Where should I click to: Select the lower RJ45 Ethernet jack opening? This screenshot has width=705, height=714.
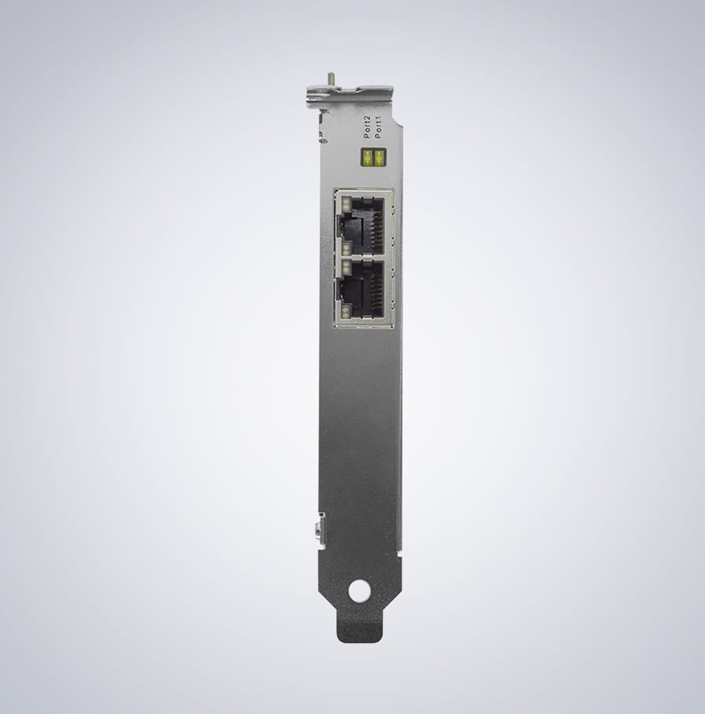coord(363,286)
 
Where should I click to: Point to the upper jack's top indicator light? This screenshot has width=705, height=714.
coord(345,204)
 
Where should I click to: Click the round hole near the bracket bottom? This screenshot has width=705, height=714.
coord(359,591)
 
